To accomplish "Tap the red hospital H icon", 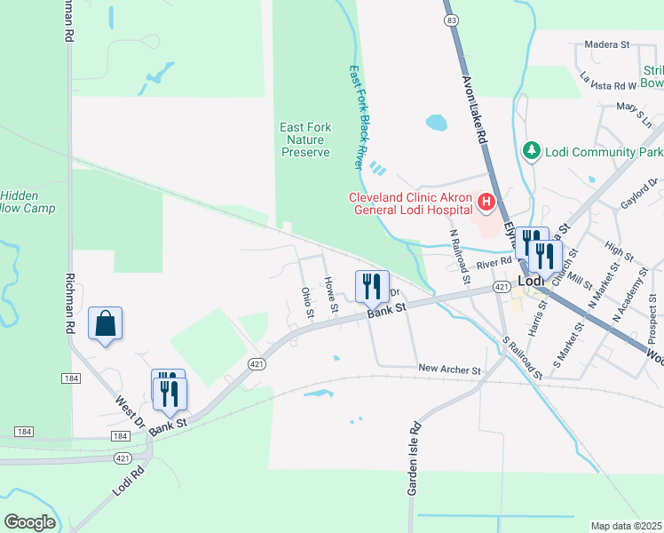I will pos(486,203).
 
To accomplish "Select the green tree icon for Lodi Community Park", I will pos(532,151).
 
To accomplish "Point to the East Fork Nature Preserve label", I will pos(305,139).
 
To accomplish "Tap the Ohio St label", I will pos(307,302).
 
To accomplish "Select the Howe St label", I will pos(331,296).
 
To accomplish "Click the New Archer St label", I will pos(448,370).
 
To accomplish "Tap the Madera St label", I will pos(606,44).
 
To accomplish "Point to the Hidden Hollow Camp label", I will pos(27,202).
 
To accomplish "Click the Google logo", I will pos(29,522).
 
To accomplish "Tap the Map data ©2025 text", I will pos(626,526).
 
